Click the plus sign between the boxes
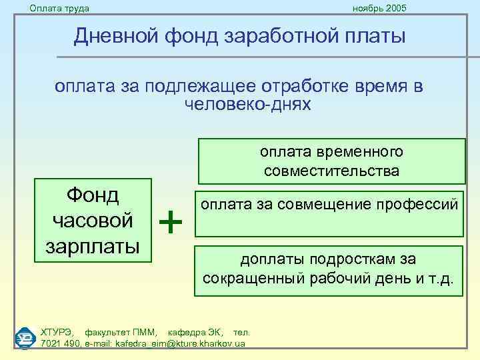point(173,221)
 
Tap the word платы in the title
point(374,35)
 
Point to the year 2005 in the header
point(395,8)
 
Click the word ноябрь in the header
point(367,8)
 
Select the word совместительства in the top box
point(331,171)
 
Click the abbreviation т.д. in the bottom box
point(440,277)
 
